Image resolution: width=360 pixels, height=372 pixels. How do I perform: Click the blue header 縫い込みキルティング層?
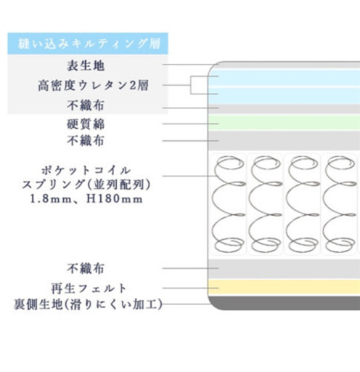click(x=88, y=44)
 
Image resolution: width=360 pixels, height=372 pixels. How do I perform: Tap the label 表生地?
click(x=86, y=65)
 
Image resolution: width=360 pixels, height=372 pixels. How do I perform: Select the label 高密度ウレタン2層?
click(x=93, y=85)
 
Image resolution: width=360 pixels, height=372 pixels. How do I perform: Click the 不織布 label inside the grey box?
click(x=86, y=105)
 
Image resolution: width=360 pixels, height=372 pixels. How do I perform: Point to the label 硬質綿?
click(x=86, y=124)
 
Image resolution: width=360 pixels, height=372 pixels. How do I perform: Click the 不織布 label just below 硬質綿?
click(x=86, y=141)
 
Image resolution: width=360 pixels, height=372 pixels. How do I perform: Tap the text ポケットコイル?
click(x=86, y=170)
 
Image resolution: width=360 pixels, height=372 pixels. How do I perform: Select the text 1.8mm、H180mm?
click(x=86, y=199)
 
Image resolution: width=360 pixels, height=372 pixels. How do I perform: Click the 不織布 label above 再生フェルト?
click(x=86, y=269)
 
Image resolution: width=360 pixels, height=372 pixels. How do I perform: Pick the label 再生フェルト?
click(x=89, y=288)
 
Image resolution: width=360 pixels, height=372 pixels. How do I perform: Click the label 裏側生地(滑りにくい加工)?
click(x=88, y=304)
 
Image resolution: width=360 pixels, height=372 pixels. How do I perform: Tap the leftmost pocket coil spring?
click(x=228, y=204)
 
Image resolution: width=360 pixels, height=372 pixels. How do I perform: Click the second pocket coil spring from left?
click(x=266, y=204)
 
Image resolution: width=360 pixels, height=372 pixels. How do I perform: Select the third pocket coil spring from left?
click(x=303, y=204)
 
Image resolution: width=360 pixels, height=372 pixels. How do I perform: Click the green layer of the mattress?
click(x=284, y=122)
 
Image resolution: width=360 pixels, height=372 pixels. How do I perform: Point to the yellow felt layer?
click(x=284, y=287)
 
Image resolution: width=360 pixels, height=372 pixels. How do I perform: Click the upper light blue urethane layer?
click(x=284, y=78)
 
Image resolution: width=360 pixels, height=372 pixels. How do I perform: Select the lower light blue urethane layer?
click(x=284, y=96)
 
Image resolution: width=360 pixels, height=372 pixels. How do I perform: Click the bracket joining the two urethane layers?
click(x=191, y=85)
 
